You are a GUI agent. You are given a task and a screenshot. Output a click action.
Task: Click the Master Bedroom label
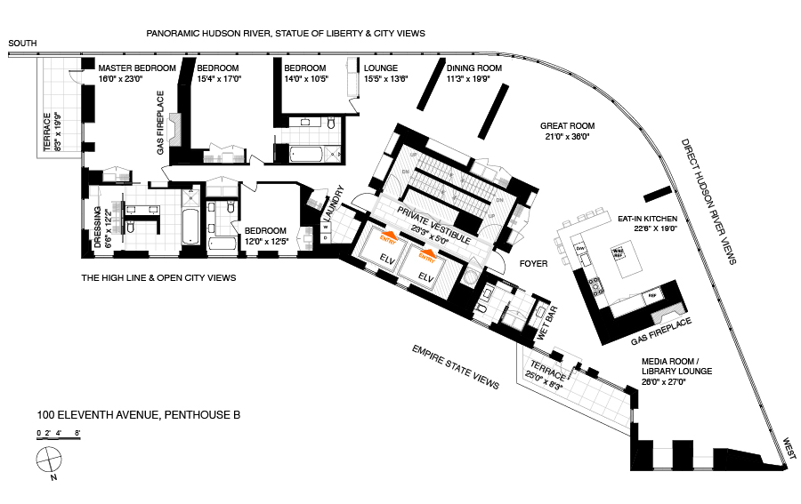click(x=136, y=68)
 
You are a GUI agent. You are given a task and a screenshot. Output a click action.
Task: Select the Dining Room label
click(x=474, y=68)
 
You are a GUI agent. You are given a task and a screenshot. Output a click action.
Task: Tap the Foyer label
click(x=534, y=264)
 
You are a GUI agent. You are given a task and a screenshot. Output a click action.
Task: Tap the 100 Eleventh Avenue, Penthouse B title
click(x=139, y=414)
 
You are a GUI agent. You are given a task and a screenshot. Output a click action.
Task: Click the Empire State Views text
click(x=455, y=366)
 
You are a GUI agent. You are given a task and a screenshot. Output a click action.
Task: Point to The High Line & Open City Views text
click(x=159, y=278)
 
